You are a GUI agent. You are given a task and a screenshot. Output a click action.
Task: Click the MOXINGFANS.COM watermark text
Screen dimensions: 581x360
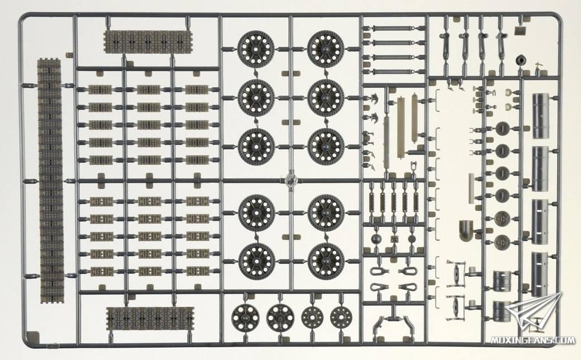[x=533, y=340]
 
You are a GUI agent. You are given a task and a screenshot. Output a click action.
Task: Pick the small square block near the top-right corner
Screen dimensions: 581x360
[x=522, y=31]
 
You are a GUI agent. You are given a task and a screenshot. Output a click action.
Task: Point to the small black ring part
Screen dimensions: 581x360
[x=521, y=60]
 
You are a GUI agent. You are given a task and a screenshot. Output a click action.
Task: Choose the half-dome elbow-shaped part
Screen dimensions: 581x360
[x=466, y=230]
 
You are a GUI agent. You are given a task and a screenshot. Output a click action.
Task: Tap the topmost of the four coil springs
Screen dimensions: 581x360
[x=393, y=29]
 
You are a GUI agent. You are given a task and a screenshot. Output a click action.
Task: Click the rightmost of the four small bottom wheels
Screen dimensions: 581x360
[x=341, y=317]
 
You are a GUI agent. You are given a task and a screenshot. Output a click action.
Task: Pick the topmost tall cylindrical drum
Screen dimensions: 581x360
[x=541, y=116]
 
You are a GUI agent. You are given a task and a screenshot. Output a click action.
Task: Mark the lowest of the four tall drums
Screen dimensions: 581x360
[x=541, y=274]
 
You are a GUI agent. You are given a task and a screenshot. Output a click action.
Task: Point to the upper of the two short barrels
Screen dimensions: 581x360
[x=502, y=281]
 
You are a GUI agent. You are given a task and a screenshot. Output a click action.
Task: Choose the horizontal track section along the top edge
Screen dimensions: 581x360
[x=148, y=42]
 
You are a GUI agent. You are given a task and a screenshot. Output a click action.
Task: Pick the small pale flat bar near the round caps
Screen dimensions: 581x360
[x=472, y=188]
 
